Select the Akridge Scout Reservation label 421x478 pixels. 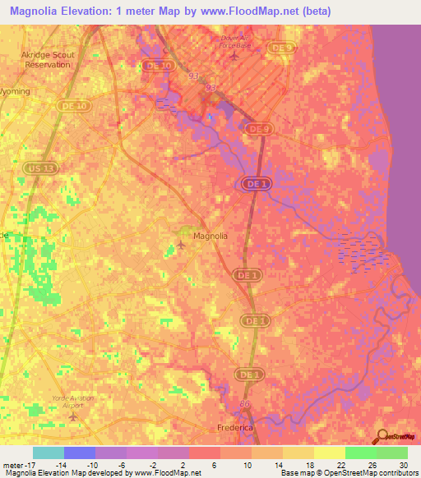coord(48,60)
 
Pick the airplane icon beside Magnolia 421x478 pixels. coord(182,244)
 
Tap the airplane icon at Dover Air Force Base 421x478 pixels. coord(235,56)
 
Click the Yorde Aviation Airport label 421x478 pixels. coord(73,401)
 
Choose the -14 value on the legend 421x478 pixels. coord(62,465)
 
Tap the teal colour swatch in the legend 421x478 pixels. coord(48,453)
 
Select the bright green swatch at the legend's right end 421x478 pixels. coord(392,453)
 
